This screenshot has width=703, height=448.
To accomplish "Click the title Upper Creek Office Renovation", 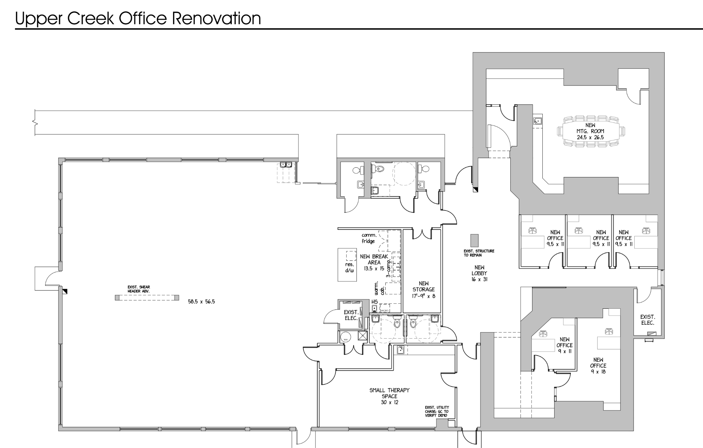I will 138,18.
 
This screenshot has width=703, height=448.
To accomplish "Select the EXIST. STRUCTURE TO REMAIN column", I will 474,240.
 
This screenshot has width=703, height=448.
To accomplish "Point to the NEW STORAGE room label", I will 423,290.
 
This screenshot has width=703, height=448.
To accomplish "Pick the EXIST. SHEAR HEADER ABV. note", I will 139,289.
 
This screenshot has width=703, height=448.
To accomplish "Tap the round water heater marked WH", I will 345,337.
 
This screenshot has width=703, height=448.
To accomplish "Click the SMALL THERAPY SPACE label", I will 389,396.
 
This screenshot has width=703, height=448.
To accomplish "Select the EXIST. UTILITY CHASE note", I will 437,411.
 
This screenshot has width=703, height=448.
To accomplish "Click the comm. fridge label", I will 369,238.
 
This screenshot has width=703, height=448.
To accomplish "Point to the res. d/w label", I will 350,267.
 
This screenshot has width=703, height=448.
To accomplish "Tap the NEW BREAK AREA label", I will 374,262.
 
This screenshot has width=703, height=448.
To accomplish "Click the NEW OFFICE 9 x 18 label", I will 598,366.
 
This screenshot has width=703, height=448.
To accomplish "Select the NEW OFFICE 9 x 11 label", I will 564,345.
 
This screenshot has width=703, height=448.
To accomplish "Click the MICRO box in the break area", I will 384,311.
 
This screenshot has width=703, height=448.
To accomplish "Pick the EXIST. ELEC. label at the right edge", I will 647,320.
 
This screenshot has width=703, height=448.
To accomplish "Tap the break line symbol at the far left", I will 35,123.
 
